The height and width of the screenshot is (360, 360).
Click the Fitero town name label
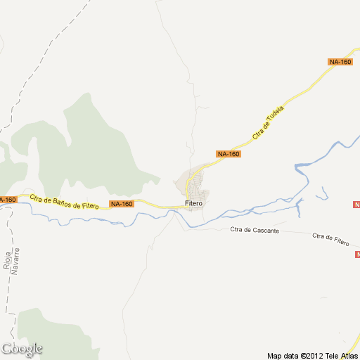[x=193, y=204]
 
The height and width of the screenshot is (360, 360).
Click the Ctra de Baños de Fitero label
[x=63, y=202]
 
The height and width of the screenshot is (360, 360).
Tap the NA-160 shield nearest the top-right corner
[x=340, y=62]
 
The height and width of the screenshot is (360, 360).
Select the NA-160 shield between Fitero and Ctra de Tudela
[x=229, y=154]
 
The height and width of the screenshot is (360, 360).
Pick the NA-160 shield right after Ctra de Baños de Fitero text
[x=121, y=204]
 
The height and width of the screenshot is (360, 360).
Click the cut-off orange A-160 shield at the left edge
[x=7, y=200]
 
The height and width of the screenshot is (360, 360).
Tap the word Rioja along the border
[x=7, y=260]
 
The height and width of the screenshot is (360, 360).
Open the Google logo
[x=22, y=349]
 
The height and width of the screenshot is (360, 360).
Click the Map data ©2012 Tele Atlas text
[x=312, y=355]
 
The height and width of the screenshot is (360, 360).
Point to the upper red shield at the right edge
[x=356, y=205]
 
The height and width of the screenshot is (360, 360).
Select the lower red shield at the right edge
[x=357, y=254]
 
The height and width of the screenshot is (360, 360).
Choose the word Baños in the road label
[x=60, y=202]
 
